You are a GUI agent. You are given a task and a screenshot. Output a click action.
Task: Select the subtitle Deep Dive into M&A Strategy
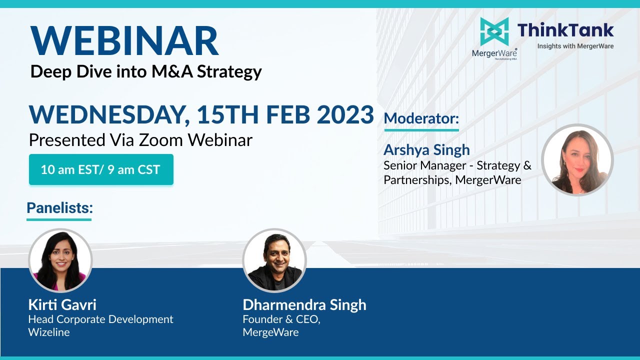[x=146, y=71]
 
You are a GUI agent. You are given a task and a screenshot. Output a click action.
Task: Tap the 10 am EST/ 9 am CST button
[x=100, y=169]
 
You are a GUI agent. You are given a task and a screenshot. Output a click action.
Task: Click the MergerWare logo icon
[x=494, y=31]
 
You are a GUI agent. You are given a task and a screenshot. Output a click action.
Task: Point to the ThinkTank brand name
[x=565, y=30]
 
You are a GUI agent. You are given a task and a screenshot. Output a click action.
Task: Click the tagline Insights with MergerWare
[x=575, y=46]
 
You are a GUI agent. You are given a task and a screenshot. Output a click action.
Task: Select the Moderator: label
[x=421, y=119]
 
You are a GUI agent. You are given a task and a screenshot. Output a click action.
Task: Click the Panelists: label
[x=59, y=208]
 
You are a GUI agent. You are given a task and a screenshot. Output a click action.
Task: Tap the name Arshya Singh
[x=426, y=149]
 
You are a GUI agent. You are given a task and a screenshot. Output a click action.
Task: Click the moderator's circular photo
[x=577, y=159]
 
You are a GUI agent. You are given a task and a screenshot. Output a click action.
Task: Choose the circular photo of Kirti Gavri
[x=60, y=260]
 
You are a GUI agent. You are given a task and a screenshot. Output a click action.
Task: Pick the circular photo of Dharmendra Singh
[x=274, y=260]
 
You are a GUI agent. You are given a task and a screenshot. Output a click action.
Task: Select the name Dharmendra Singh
[x=304, y=304]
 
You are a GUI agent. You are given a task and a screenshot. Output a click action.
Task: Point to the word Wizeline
[x=49, y=332]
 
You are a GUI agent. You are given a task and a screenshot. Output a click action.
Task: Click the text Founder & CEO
[x=281, y=319]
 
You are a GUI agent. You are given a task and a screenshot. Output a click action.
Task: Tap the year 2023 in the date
[x=345, y=115]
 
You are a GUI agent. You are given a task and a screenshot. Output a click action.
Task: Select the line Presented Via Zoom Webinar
[x=140, y=140]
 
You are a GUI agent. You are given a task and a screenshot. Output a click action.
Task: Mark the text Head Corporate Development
[x=100, y=319]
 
